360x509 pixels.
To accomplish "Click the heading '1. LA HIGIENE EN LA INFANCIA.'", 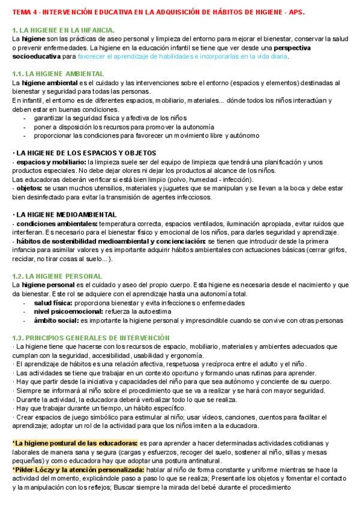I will [x=64, y=29].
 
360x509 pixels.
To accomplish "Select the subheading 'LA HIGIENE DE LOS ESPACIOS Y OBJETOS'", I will [x=86, y=153].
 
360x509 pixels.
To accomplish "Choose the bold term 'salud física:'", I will [x=54, y=303].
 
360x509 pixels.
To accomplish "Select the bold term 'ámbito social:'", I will [x=56, y=321].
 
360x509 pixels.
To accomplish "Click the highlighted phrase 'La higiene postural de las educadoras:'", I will [x=75, y=443].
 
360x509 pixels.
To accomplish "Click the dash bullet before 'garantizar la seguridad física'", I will [x=25, y=118].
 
